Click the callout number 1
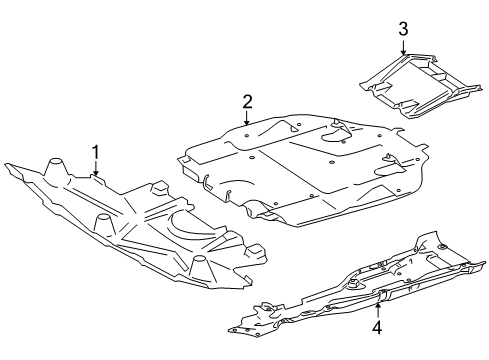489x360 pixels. (96, 152)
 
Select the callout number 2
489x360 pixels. (247, 102)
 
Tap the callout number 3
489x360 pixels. (403, 29)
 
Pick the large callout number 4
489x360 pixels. (377, 327)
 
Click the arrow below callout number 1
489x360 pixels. (96, 168)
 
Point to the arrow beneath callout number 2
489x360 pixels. (247, 118)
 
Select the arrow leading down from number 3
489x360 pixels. (403, 47)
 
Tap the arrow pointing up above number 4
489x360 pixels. (378, 311)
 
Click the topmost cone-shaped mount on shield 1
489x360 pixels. (55, 168)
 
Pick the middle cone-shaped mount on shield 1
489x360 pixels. (104, 225)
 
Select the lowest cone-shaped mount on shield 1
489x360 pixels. (201, 268)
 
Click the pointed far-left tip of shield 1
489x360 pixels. (5, 164)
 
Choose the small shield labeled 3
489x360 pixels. (421, 86)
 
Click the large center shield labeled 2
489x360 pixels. (302, 170)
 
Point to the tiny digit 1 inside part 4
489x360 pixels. (411, 262)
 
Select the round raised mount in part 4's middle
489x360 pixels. (352, 285)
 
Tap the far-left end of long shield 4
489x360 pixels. (229, 330)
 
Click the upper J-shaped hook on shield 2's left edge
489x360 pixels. (205, 182)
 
